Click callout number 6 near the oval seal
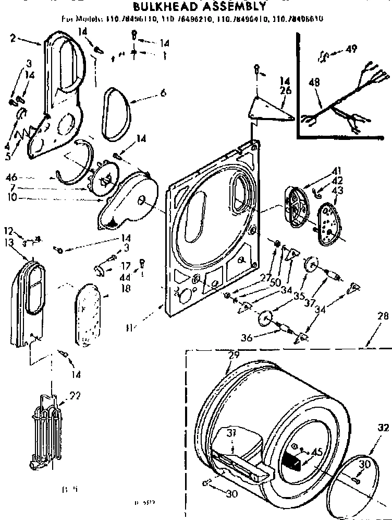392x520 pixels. (x=163, y=93)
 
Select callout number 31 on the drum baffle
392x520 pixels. (x=232, y=432)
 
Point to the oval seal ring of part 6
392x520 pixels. (x=117, y=115)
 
